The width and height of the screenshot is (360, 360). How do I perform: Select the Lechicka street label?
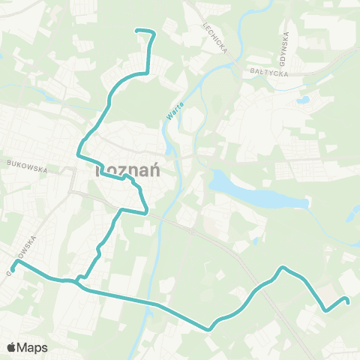[214, 34]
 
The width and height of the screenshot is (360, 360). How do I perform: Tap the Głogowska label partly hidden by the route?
[17, 259]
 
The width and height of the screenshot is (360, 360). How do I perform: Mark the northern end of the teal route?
[136, 30]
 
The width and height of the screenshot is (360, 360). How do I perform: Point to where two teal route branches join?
[77, 283]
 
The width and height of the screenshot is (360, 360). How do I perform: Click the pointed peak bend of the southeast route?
[282, 267]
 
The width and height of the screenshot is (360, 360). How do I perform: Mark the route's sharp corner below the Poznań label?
[146, 211]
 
